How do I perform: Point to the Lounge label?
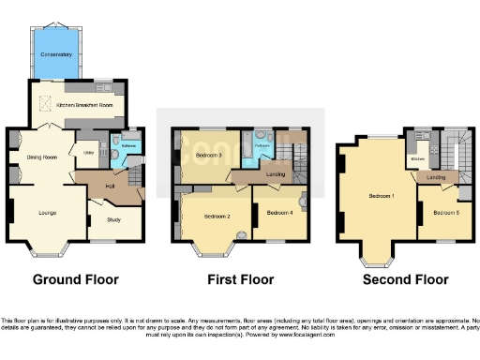[47, 213]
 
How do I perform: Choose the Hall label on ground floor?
[110, 185]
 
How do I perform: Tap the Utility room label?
[90, 152]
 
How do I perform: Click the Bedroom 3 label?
[208, 155]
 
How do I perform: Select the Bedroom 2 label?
[217, 217]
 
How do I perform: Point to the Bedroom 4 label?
[279, 213]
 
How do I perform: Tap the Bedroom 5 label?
[444, 213]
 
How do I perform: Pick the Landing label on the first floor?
[277, 174]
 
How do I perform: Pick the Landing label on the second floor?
[436, 176]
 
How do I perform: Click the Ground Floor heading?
[75, 279]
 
